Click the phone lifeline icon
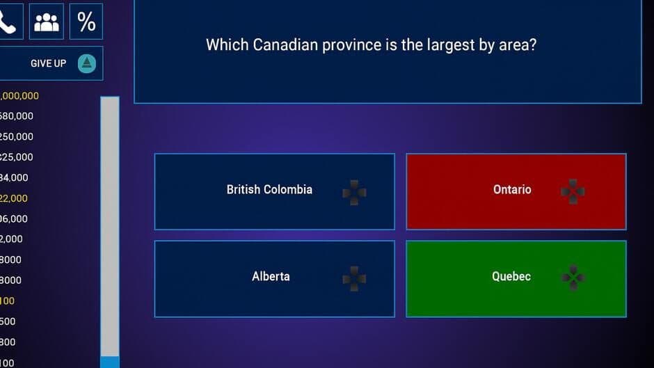[8, 22]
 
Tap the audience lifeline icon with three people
[47, 22]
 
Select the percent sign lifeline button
[86, 22]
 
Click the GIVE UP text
[49, 63]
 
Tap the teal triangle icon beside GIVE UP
[86, 63]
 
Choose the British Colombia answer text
[269, 189]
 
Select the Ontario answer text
[512, 189]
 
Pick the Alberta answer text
[271, 276]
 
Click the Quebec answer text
[511, 276]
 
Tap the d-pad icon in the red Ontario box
[573, 191]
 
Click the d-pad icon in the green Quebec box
[573, 278]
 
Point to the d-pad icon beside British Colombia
[354, 192]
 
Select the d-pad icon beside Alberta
[354, 278]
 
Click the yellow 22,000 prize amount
[14, 198]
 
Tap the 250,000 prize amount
[17, 136]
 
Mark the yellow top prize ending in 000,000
[19, 96]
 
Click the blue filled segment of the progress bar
[110, 362]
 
